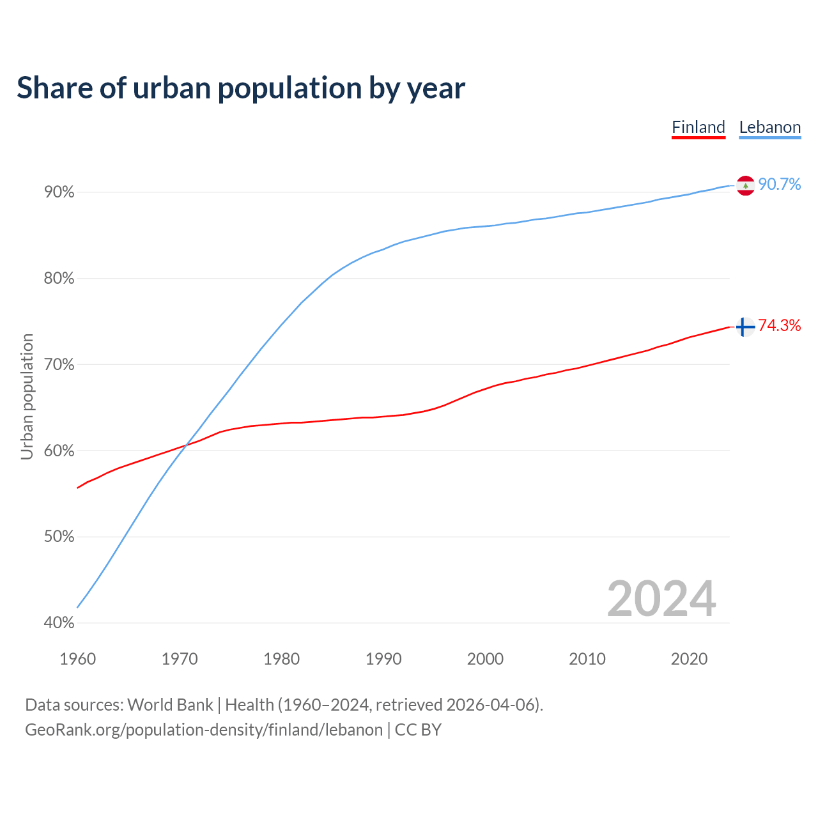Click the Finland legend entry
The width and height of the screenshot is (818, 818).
pos(698,127)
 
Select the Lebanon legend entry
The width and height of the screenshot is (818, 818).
pos(769,127)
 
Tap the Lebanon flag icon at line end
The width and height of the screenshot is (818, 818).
pos(745,185)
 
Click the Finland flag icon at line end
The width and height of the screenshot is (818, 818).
pos(745,327)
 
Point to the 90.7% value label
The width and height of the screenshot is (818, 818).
pos(779,185)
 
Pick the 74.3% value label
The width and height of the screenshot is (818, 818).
pos(779,326)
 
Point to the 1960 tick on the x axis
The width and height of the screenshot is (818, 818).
pos(77,659)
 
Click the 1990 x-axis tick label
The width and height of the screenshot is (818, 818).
pos(383,659)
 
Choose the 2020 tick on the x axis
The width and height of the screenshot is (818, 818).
pos(689,659)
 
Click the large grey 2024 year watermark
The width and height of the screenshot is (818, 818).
pos(661,599)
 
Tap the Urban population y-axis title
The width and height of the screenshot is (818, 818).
pos(27,396)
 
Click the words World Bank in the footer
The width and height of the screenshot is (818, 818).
pos(170,705)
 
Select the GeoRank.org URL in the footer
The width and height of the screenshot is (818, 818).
pos(203,730)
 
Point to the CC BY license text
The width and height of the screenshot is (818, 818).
pos(418,730)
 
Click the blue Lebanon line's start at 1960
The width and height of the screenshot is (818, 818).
pos(78,606)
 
